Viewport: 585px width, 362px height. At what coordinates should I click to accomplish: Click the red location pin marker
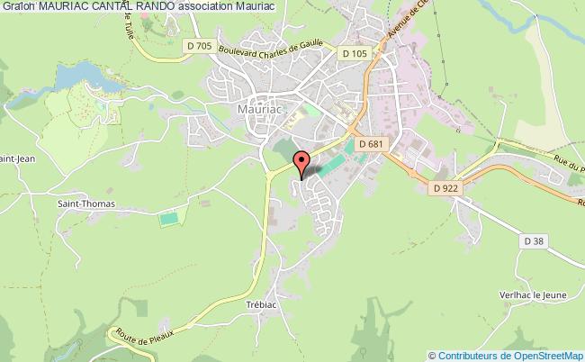(302, 162)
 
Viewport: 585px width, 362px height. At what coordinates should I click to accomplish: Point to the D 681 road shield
(369, 143)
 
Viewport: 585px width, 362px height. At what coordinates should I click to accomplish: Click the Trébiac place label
(265, 304)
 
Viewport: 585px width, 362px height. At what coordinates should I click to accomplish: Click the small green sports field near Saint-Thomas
(167, 219)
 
